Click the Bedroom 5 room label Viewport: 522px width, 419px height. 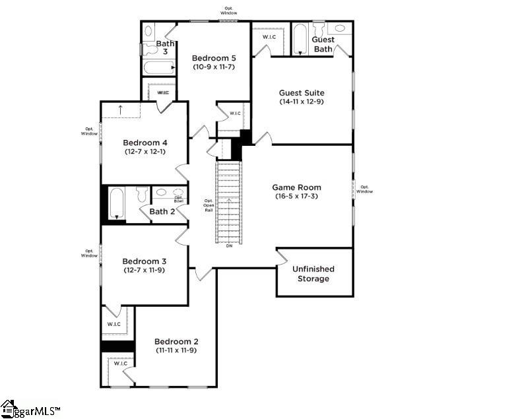pyautogui.click(x=214, y=57)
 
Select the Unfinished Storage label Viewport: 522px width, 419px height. pyautogui.click(x=313, y=274)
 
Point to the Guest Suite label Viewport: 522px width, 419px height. pyautogui.click(x=301, y=93)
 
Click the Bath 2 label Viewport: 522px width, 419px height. pyautogui.click(x=162, y=212)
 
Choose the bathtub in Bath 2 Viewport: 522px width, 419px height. pyautogui.click(x=117, y=203)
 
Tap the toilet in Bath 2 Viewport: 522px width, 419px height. pyautogui.click(x=141, y=195)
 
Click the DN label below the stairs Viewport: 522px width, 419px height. pyautogui.click(x=229, y=246)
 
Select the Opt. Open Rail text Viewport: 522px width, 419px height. pyautogui.click(x=209, y=205)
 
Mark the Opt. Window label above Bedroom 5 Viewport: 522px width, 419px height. pyautogui.click(x=228, y=11)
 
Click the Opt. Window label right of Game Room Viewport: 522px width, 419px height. pyautogui.click(x=366, y=189)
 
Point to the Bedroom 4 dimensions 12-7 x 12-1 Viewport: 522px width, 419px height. pyautogui.click(x=145, y=152)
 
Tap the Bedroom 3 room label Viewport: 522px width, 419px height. pyautogui.click(x=145, y=261)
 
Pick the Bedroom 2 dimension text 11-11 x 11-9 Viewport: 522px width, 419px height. pyautogui.click(x=176, y=350)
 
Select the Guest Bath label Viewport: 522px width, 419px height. pyautogui.click(x=323, y=44)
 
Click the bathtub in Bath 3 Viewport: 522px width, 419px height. pyautogui.click(x=158, y=67)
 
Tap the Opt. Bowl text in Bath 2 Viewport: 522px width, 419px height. pyautogui.click(x=178, y=198)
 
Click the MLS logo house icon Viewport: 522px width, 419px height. pyautogui.click(x=8, y=408)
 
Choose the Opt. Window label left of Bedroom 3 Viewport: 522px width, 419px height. pyautogui.click(x=90, y=253)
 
